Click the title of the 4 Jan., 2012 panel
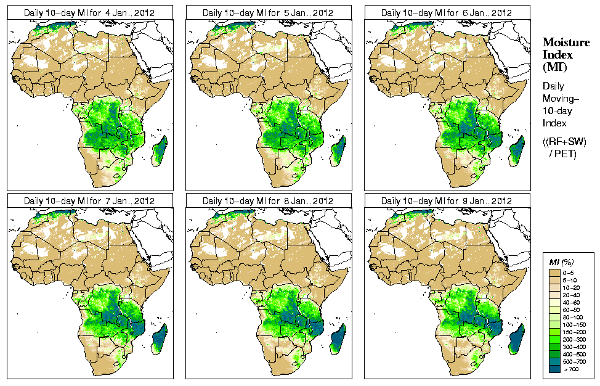click(89, 12)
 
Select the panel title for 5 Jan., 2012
click(268, 12)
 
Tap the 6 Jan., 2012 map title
click(447, 12)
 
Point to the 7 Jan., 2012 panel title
click(89, 201)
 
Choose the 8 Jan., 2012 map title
click(268, 201)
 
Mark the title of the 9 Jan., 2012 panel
click(447, 201)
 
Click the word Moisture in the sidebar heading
click(566, 42)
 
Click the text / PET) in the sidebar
click(562, 154)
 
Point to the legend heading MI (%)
click(562, 263)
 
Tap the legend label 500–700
click(574, 361)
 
